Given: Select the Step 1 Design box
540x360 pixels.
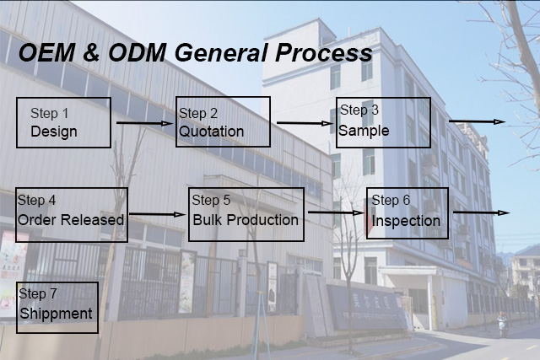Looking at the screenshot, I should coord(63,122).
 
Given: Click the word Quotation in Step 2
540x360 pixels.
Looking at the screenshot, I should coord(212,132).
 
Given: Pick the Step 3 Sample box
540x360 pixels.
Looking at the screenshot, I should coord(383,122).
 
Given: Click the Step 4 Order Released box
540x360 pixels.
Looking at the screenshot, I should coord(72,214).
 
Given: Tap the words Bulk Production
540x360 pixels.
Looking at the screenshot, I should coord(246,220).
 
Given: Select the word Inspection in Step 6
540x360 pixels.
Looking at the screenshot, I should coord(406,222).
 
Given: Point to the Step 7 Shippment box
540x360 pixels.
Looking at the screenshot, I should coord(57,307).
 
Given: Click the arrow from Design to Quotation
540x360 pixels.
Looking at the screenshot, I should coord(143,123).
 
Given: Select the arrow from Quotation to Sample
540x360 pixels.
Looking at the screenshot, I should coord(304,123).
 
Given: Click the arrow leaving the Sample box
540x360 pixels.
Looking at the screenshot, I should coord(477,121).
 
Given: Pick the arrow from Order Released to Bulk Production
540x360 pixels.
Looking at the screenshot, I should coord(157,214).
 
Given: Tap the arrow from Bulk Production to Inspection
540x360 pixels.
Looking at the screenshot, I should coord(335,212).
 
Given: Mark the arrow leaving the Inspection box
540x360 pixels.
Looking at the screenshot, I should coord(481,212).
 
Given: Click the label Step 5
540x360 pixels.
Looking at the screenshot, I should coord(211,201).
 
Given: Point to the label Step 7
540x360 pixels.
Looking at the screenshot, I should coord(38,294).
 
